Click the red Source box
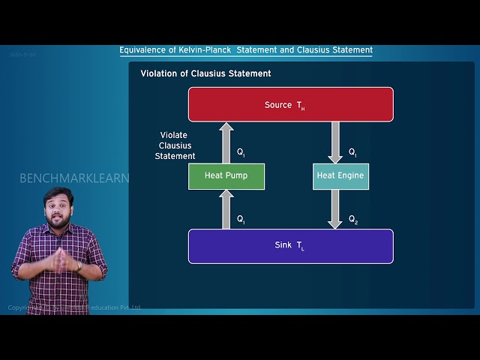(290, 104)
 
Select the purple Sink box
(290, 246)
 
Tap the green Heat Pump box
(226, 176)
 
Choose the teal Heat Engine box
(340, 176)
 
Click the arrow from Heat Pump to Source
(226, 142)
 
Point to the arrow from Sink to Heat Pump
(226, 209)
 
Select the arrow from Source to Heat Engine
(335, 142)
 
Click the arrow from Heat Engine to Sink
(335, 209)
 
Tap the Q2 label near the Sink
(353, 219)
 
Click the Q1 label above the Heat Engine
(352, 152)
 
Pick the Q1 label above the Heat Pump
(241, 152)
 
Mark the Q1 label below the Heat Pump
(241, 219)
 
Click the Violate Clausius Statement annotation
(175, 145)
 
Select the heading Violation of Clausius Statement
(205, 73)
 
